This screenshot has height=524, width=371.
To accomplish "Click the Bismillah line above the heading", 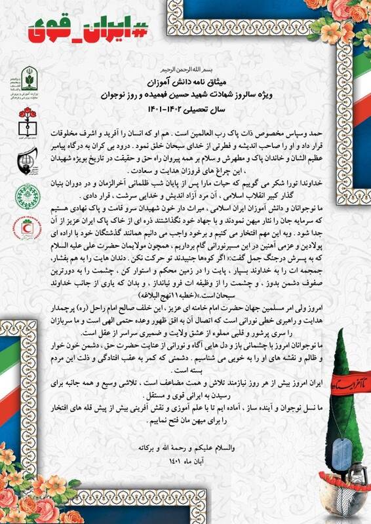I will click(185, 67).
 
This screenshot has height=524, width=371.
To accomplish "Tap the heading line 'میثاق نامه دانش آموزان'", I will click(185, 79).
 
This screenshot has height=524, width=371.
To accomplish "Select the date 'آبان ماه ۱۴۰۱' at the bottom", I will click(185, 461).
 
